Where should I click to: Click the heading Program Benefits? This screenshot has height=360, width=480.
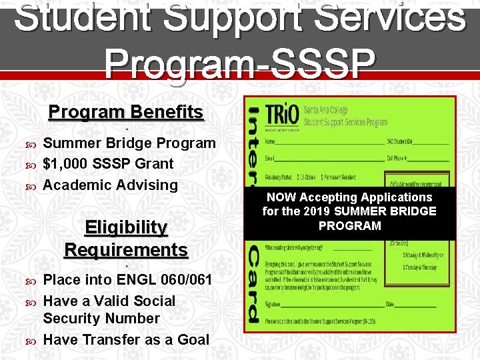(x=125, y=111)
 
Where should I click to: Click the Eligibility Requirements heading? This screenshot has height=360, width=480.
(x=126, y=239)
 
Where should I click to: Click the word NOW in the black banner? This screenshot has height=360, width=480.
(x=281, y=197)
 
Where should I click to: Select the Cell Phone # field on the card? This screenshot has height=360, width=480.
(x=417, y=158)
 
